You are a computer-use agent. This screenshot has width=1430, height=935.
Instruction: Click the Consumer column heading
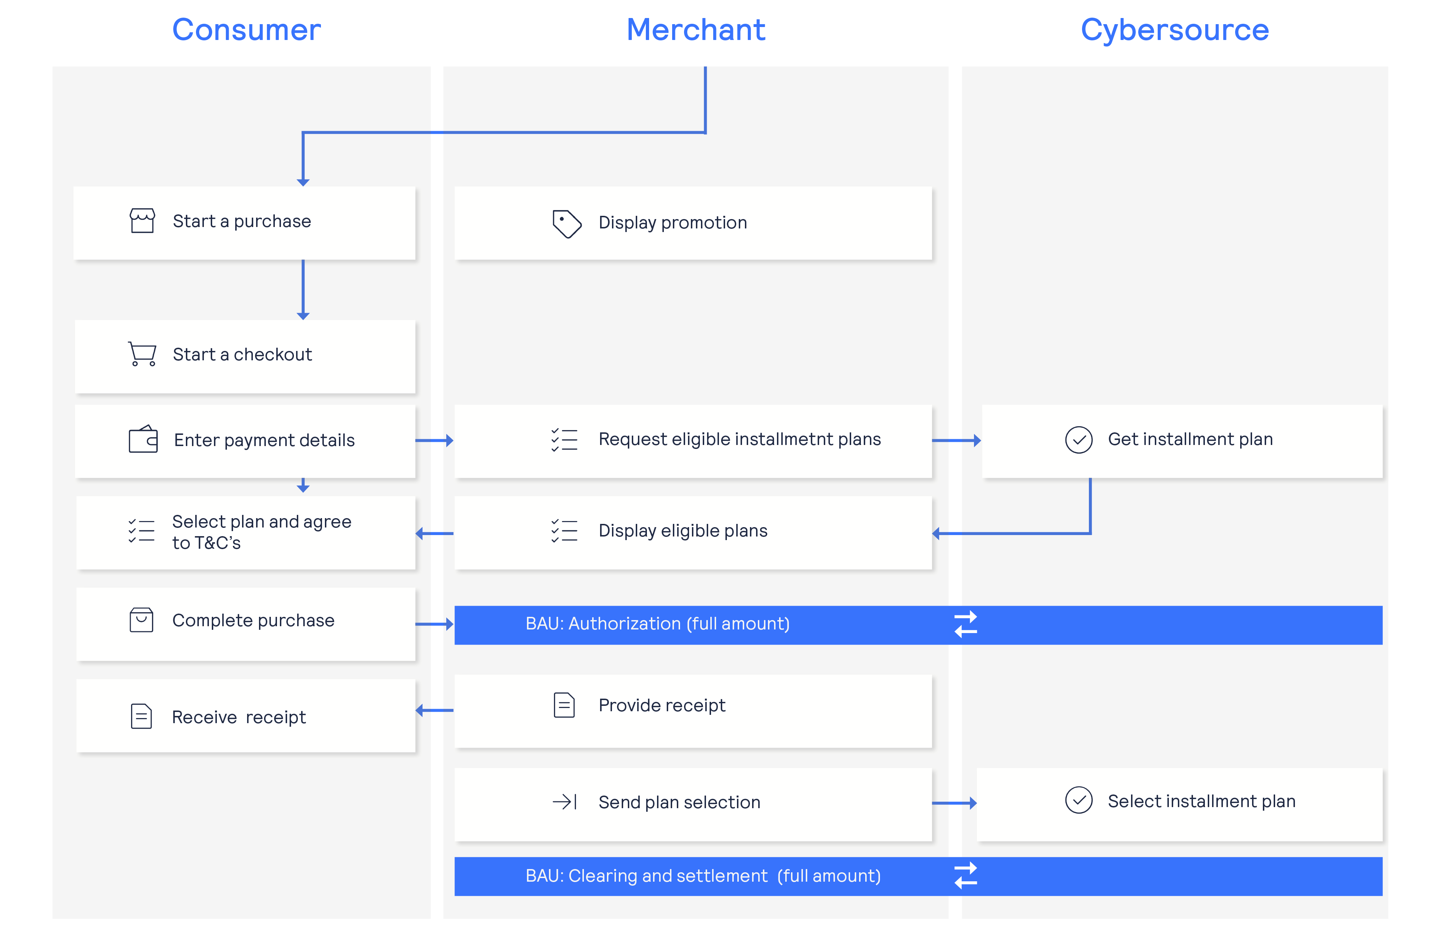pos(246,30)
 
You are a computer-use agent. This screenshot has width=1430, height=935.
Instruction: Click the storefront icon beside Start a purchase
pos(142,221)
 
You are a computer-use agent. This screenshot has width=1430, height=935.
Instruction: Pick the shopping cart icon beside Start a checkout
pos(142,353)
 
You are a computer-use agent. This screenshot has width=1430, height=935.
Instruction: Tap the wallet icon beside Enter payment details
pos(143,439)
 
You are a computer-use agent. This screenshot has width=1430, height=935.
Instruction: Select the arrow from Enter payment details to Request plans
pos(434,440)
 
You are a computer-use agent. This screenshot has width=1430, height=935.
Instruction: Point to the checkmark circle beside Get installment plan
pos(1078,440)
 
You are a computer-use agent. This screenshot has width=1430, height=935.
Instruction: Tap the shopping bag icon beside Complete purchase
pos(141,619)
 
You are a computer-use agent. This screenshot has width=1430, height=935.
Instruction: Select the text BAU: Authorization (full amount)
pos(657,624)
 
